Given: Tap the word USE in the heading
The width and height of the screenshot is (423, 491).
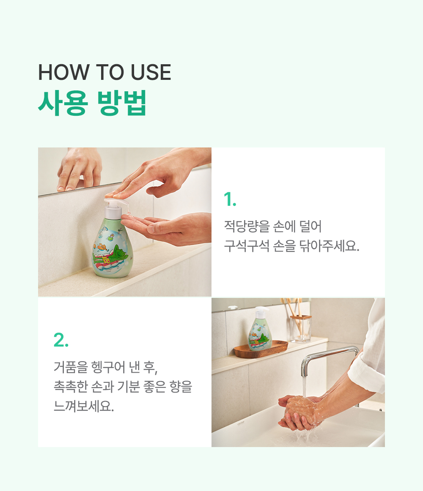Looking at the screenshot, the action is click(x=151, y=72).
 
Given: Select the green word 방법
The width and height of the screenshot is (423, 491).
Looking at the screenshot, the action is click(x=122, y=103).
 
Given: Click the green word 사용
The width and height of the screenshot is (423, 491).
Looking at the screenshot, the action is click(x=63, y=103).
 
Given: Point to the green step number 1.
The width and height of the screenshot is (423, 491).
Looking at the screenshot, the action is click(x=230, y=199).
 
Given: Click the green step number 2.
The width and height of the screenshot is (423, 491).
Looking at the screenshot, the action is click(x=61, y=340).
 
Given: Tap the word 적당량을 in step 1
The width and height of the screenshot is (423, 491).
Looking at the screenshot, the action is click(x=247, y=226).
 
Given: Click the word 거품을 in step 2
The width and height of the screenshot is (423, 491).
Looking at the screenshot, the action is click(x=71, y=367).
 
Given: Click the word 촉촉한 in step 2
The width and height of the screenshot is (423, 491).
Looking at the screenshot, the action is click(x=71, y=386).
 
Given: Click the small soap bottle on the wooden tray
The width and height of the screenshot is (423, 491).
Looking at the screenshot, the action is click(x=260, y=328).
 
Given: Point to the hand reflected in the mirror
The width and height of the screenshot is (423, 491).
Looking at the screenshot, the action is click(x=80, y=169).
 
